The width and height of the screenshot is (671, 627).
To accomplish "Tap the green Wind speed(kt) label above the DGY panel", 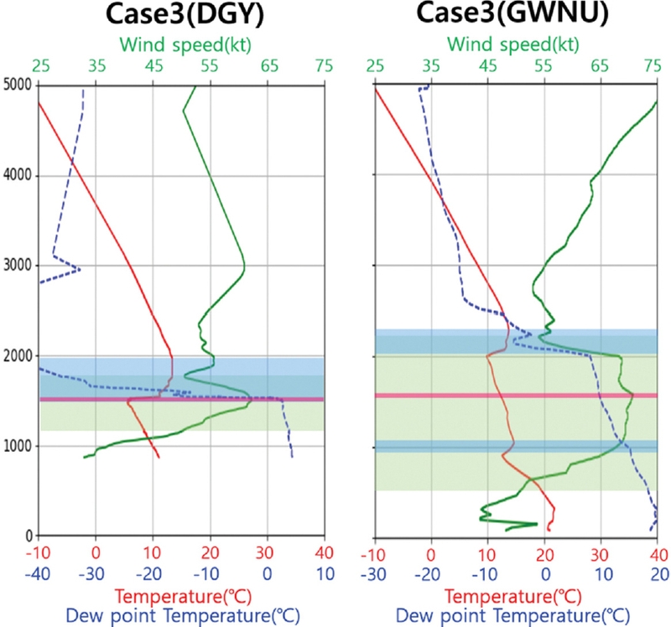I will pyautogui.click(x=181, y=43).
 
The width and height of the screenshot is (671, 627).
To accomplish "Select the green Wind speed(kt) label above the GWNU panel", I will pyautogui.click(x=516, y=43).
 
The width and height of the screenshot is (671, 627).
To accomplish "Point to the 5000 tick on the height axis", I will pyautogui.click(x=17, y=85).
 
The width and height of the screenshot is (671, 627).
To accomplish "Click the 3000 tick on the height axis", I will pyautogui.click(x=17, y=266).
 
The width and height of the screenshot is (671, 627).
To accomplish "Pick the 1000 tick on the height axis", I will pyautogui.click(x=17, y=446).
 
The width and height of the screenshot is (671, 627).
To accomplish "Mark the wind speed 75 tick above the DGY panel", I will pyautogui.click(x=323, y=66).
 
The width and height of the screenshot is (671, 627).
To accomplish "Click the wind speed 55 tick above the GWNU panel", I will pyautogui.click(x=544, y=66).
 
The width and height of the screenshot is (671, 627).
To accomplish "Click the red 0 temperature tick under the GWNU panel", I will pyautogui.click(x=432, y=554).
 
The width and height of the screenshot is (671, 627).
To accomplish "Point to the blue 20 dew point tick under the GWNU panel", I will pyautogui.click(x=657, y=575).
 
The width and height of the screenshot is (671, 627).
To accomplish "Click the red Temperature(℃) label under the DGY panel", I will pyautogui.click(x=181, y=596).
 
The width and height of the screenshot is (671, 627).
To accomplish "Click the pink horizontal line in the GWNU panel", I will pyautogui.click(x=516, y=395).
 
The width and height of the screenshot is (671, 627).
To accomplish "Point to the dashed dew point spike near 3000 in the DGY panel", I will pyautogui.click(x=75, y=269).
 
